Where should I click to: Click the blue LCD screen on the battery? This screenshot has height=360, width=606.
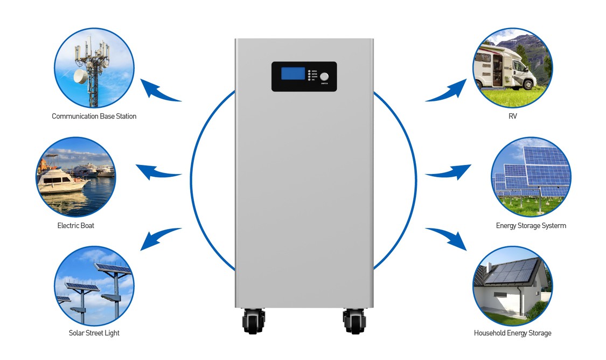[x=293, y=74]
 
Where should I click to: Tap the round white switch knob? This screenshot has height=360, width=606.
[x=324, y=77]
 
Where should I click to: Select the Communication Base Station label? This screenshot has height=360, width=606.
[x=94, y=116]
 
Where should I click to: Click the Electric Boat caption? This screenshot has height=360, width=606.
[x=75, y=225]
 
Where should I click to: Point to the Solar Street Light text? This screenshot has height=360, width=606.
[x=94, y=333]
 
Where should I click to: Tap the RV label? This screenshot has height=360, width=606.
[x=512, y=116]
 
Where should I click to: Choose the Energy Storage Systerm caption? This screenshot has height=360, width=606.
[x=531, y=226]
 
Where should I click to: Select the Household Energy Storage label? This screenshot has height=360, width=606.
[x=512, y=333]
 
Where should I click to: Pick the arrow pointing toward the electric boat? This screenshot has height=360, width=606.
[x=156, y=172]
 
